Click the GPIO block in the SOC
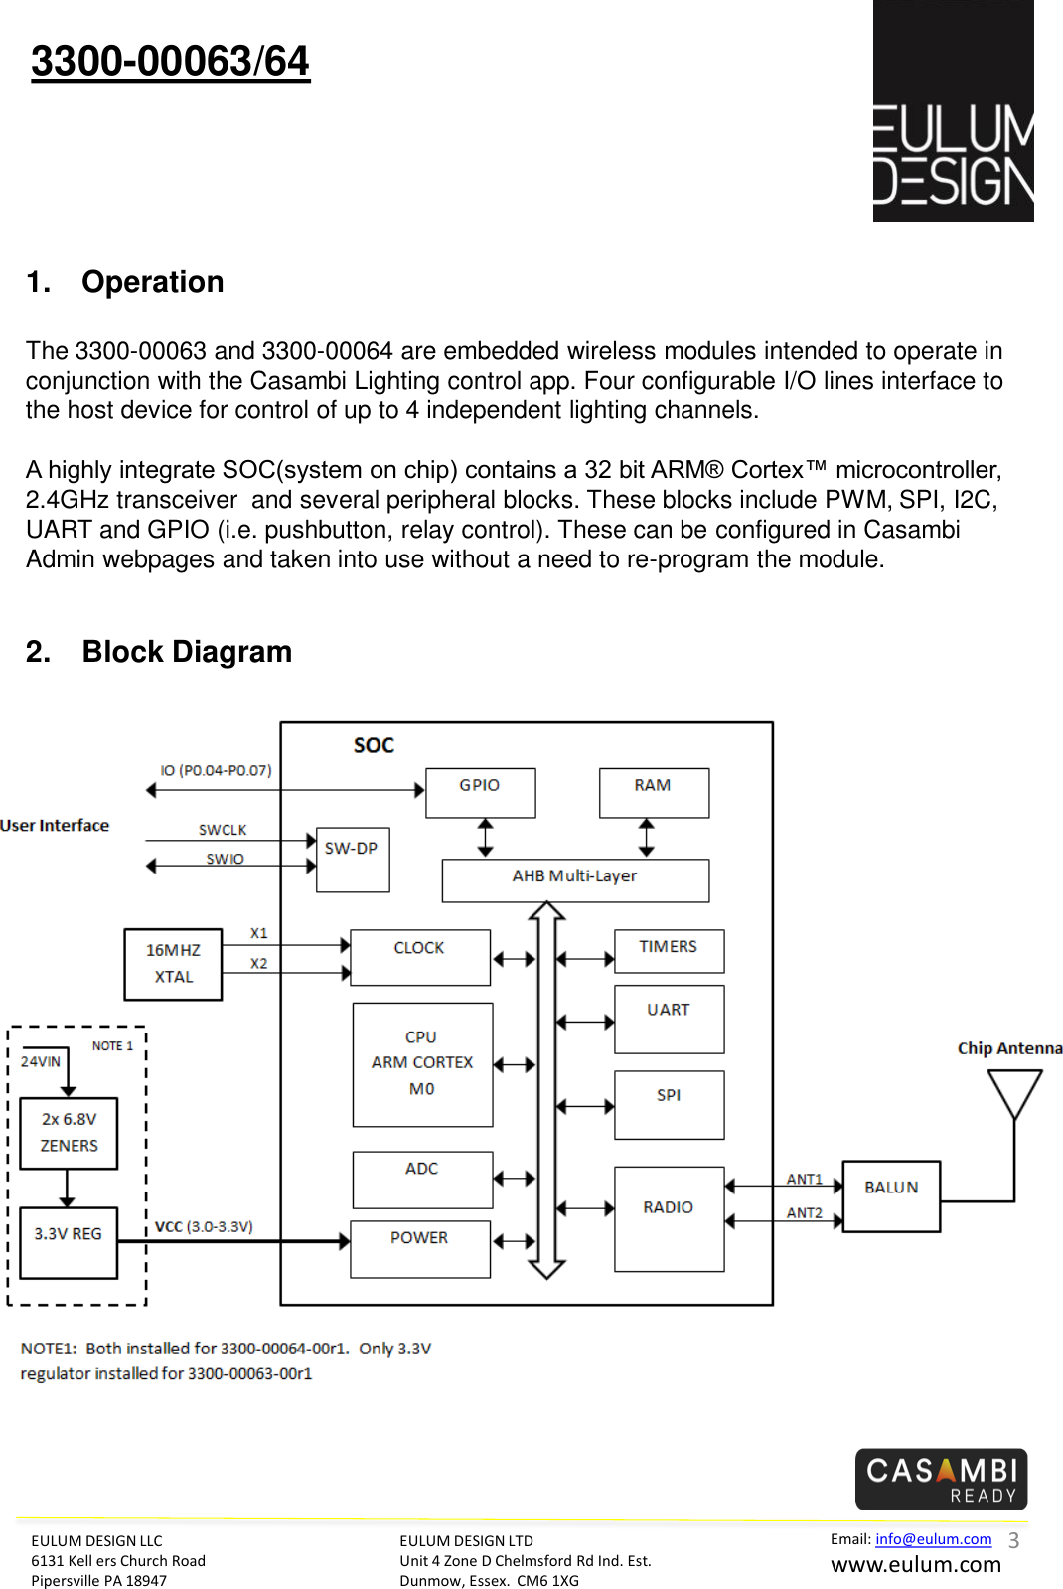pyautogui.click(x=480, y=792)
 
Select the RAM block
pyautogui.click(x=654, y=792)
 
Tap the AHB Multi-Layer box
pyautogui.click(x=575, y=880)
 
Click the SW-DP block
pyautogui.click(x=353, y=859)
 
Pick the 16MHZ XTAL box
pyautogui.click(x=173, y=964)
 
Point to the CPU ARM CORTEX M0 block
pyautogui.click(x=422, y=1064)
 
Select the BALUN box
pyautogui.click(x=891, y=1196)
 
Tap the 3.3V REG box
pyautogui.click(x=69, y=1243)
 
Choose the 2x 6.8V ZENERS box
pyautogui.click(x=69, y=1133)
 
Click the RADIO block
pyautogui.click(x=670, y=1218)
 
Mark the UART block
pyautogui.click(x=670, y=1019)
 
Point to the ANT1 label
pyautogui.click(x=804, y=1179)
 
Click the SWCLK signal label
pyautogui.click(x=223, y=829)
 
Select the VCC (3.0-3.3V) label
pyautogui.click(x=205, y=1226)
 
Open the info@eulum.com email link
pyautogui.click(x=933, y=1538)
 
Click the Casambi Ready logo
pyautogui.click(x=941, y=1479)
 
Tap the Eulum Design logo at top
pyautogui.click(x=953, y=110)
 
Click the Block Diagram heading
pyautogui.click(x=187, y=651)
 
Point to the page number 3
pyautogui.click(x=1014, y=1540)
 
